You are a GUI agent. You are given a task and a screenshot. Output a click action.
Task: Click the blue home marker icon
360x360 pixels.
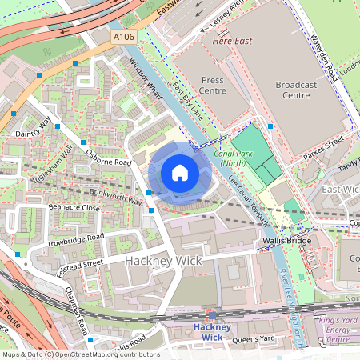[180, 173]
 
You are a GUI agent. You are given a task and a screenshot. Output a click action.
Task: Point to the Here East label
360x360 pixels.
[231, 39]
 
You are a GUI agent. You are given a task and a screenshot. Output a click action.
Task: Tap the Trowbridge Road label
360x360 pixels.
[75, 238]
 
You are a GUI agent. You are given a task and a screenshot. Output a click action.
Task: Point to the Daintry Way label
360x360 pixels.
[32, 127]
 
